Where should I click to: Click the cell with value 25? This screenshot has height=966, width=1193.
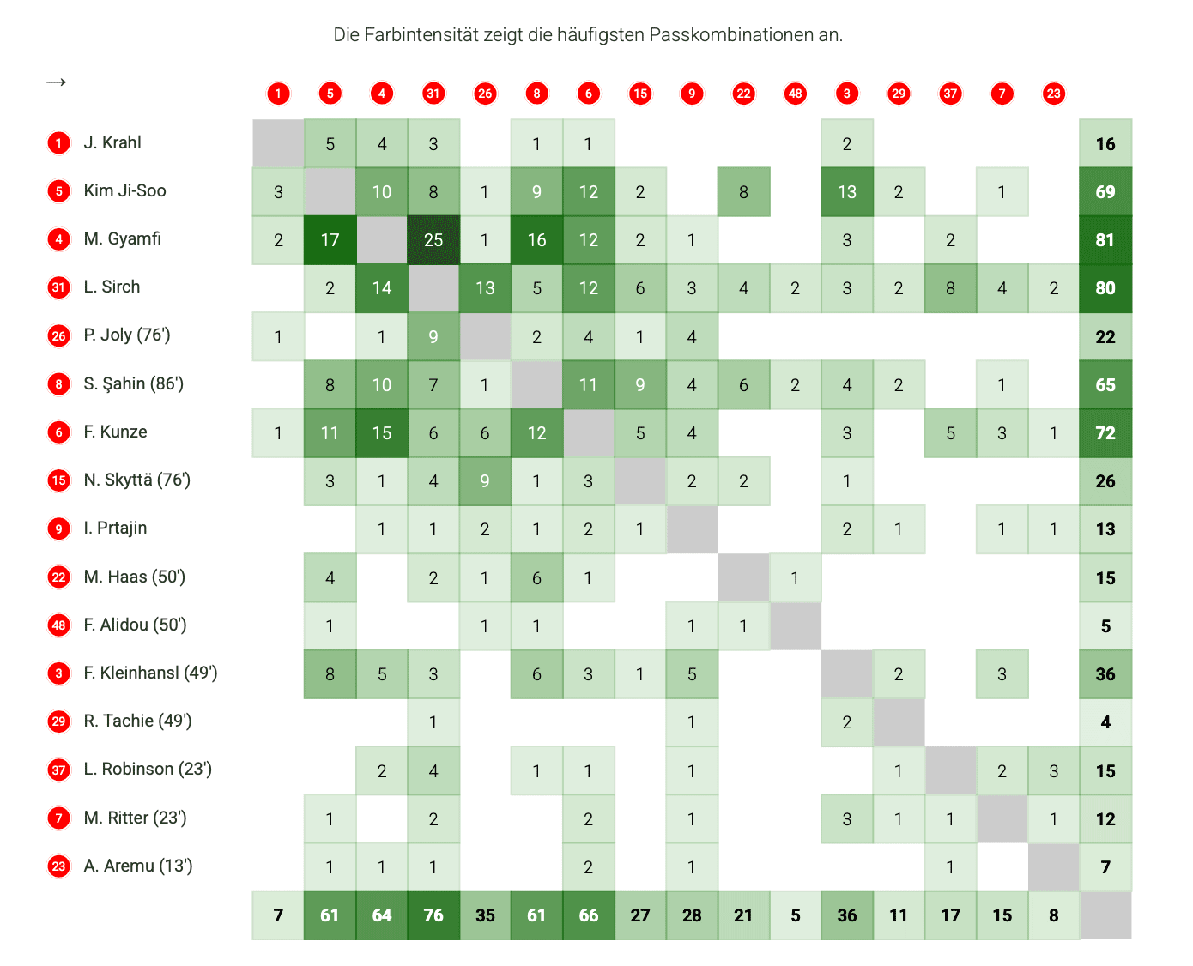(x=433, y=240)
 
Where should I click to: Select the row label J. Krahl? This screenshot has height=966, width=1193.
(x=112, y=142)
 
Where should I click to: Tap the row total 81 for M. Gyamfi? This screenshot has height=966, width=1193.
(x=1105, y=240)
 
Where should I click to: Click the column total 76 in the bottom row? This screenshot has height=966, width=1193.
(x=433, y=915)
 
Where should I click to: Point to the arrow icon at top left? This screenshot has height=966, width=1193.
(x=57, y=82)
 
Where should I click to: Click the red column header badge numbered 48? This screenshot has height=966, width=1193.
(x=796, y=94)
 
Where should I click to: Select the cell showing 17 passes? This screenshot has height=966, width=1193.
(x=330, y=240)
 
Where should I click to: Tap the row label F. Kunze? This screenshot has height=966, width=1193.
(x=115, y=432)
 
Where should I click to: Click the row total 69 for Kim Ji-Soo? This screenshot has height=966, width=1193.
(x=1105, y=192)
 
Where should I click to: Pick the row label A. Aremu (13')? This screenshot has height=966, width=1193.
(x=137, y=866)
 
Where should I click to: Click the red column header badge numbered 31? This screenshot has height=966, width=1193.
(x=433, y=94)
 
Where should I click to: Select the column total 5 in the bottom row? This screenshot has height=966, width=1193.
(x=796, y=915)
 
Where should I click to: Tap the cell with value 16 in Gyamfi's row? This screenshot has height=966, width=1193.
(x=536, y=240)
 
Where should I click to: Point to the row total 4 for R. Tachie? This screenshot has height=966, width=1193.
(x=1105, y=722)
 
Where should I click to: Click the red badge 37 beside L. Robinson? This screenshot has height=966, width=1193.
(x=58, y=770)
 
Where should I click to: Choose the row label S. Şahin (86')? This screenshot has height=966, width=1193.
(x=133, y=383)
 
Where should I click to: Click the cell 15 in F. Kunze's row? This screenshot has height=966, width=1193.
(x=382, y=433)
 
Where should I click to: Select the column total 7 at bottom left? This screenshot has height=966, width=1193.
(x=278, y=915)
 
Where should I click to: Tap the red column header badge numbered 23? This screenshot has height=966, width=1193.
(x=1054, y=94)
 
